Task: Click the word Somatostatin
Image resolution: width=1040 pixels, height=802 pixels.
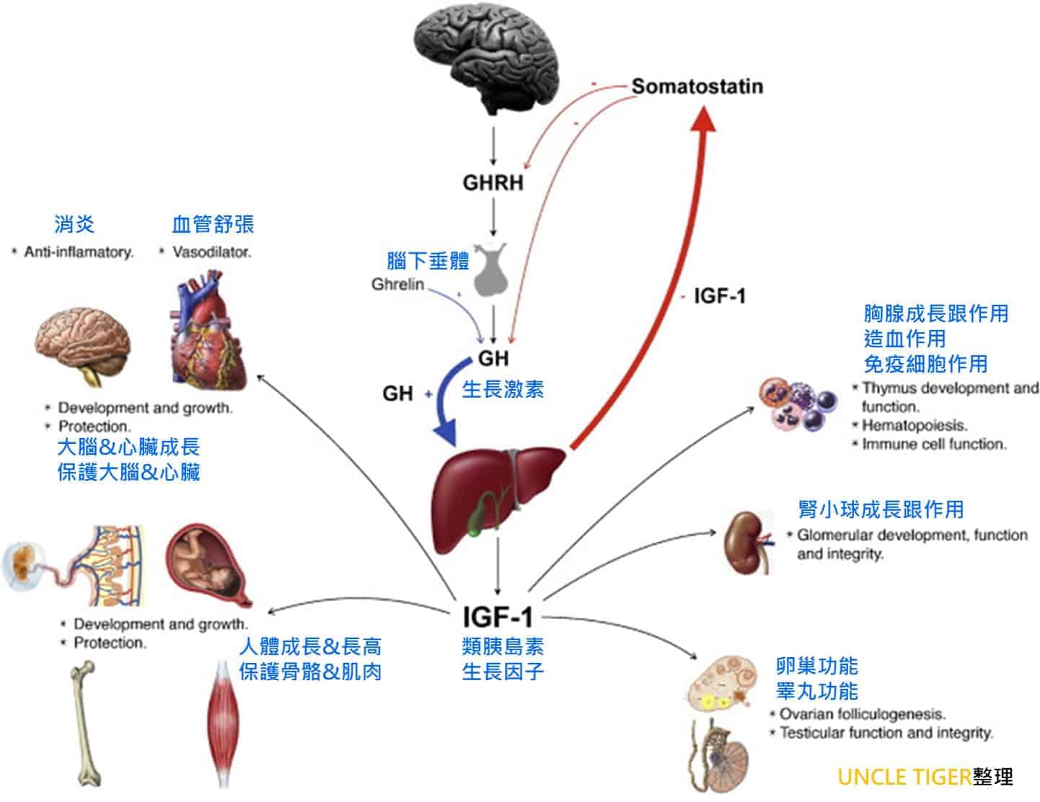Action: (697, 86)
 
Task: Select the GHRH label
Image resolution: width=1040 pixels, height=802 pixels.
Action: (493, 182)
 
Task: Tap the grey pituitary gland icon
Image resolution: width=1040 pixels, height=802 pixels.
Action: (493, 271)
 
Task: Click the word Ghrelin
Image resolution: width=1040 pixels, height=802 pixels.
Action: (397, 285)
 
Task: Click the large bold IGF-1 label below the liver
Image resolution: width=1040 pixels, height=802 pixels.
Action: (498, 617)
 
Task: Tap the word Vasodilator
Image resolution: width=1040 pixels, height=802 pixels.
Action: (211, 253)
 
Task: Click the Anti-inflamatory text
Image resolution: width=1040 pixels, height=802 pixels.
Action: (79, 253)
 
